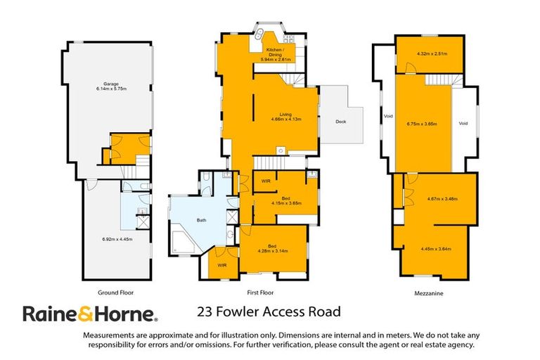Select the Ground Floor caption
[x=116, y=292]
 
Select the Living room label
[x=285, y=116]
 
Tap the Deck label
[x=340, y=121]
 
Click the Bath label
[x=201, y=221]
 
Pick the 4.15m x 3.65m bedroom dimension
[x=286, y=201]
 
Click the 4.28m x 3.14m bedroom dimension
[x=274, y=251]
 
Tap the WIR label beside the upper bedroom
[x=266, y=182]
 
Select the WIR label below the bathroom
[x=221, y=265]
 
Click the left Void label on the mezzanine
[x=387, y=116]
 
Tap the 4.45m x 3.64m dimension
[x=435, y=248]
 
